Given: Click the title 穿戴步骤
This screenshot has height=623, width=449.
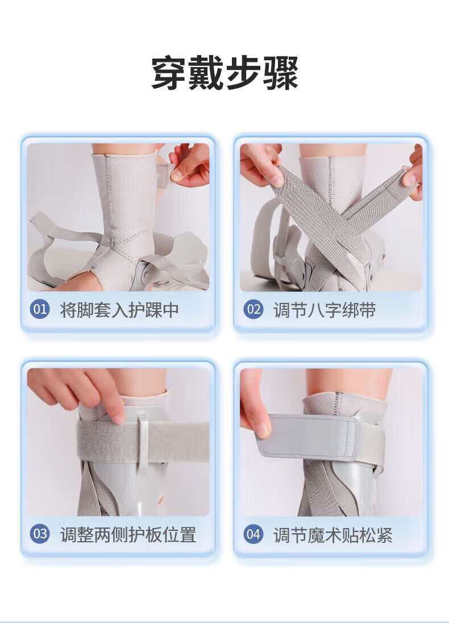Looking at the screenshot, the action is click(x=224, y=73).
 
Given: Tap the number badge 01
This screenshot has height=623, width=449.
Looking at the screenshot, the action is click(x=40, y=309).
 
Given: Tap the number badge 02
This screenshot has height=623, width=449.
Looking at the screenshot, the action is click(x=253, y=309).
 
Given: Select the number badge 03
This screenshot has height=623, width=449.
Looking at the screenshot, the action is click(x=40, y=534).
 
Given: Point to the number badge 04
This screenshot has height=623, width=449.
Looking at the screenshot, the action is click(x=253, y=534).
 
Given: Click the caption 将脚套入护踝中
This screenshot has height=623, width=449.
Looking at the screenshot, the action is click(x=119, y=310).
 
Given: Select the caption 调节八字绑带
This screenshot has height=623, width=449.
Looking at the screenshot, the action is click(x=324, y=310).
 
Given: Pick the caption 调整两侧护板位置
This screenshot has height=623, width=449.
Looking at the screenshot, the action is click(x=128, y=534).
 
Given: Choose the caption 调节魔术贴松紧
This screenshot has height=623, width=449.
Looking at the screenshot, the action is click(x=332, y=534).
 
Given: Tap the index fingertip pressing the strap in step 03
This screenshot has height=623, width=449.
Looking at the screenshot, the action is click(x=118, y=417).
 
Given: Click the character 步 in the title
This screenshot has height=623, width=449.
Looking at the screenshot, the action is click(x=243, y=73).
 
